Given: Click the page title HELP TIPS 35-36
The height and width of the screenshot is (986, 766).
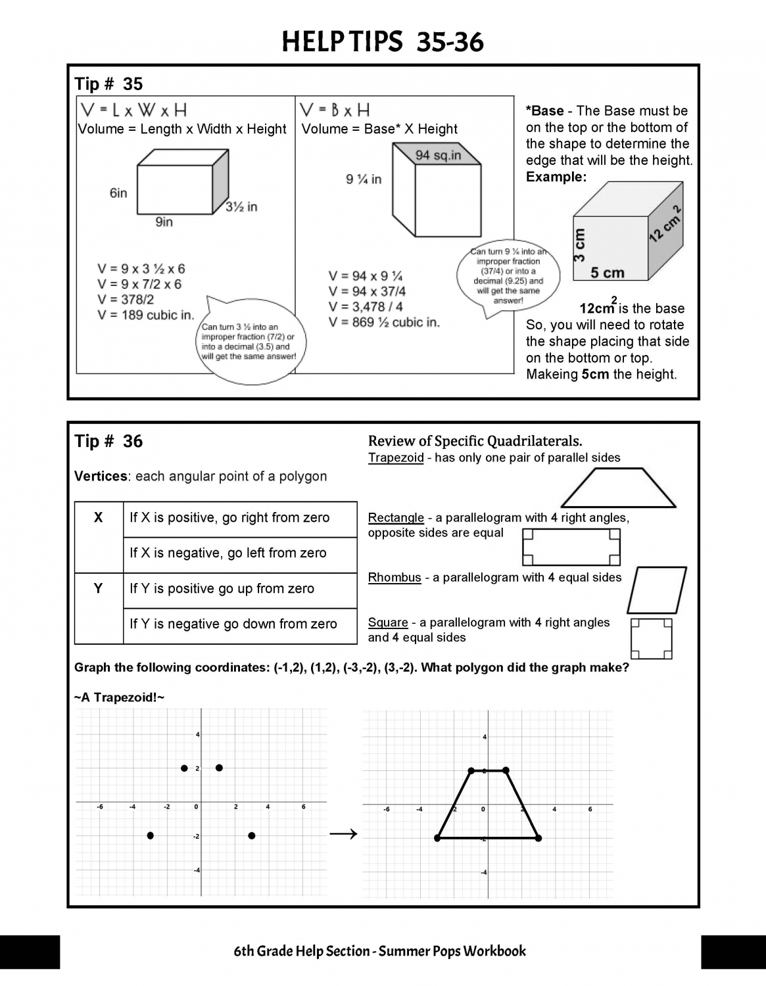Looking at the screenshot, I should point(382,43).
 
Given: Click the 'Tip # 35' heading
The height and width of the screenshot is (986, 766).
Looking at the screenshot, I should point(108,84).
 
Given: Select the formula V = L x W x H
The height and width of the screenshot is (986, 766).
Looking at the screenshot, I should point(133,109).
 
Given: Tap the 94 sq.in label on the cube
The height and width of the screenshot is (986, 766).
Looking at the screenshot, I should point(438,155).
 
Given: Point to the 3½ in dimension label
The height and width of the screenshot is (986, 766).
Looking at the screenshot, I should point(241,207).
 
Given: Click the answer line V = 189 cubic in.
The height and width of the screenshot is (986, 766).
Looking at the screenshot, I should point(146,315).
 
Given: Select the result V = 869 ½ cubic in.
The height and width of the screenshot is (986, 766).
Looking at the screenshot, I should point(384,322).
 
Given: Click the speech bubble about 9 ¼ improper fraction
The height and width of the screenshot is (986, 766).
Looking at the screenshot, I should point(508,276).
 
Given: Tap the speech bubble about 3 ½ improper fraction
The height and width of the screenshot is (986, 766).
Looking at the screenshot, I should point(249,342).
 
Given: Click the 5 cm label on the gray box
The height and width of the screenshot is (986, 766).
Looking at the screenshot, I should point(607,272).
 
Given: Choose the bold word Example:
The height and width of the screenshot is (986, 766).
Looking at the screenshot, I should point(556,177).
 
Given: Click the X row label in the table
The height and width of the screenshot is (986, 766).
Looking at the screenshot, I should point(98,518).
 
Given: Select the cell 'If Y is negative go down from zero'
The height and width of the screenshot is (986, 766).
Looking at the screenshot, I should point(233,624).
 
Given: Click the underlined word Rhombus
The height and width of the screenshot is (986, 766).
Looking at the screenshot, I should point(395,578).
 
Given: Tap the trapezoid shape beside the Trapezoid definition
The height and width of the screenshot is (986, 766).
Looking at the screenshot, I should point(618,488).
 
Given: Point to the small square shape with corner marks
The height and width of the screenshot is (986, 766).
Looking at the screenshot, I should point(651,638).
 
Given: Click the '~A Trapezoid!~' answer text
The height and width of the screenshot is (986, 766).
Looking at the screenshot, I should point(119,697).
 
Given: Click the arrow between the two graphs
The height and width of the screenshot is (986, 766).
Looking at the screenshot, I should point(343,834).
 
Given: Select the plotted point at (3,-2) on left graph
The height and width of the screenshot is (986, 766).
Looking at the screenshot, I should point(251,836).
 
